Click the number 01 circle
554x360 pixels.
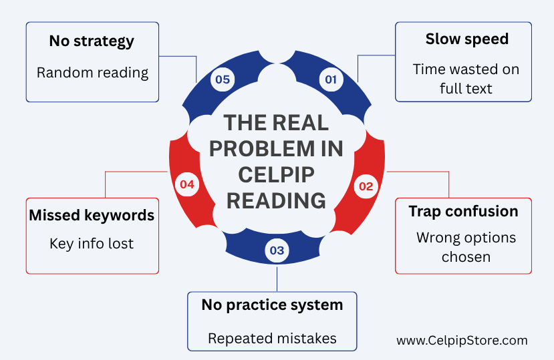[x=331, y=79]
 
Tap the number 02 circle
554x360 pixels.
[x=366, y=186]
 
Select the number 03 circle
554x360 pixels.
[x=277, y=250]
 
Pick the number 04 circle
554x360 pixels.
[x=187, y=184]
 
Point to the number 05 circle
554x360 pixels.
[x=223, y=79]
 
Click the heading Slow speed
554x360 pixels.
[x=466, y=39]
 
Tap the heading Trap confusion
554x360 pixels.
[x=463, y=212]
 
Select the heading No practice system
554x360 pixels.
[x=272, y=305]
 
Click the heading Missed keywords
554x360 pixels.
[x=92, y=216]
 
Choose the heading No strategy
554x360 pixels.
[x=92, y=41]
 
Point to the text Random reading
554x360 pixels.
[x=93, y=73]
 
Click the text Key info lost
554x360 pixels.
[x=92, y=244]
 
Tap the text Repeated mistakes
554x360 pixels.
[x=272, y=339]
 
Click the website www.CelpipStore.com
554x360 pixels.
[x=462, y=341]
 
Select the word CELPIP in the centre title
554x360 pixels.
[x=276, y=174]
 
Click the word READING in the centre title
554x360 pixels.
[x=276, y=200]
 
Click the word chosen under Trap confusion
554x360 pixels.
[x=466, y=257]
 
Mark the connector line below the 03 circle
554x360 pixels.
[x=277, y=279]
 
